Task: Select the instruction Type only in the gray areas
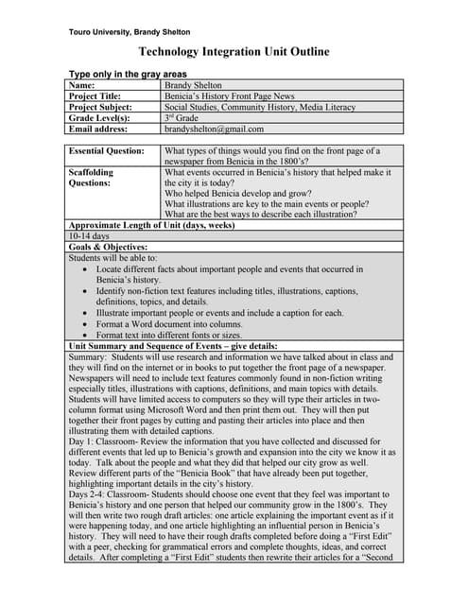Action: [128, 74]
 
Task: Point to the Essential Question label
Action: [107, 150]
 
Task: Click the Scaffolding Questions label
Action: [91, 179]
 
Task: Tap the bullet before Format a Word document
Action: [86, 323]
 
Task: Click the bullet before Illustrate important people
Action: [86, 312]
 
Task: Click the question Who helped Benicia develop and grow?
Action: [251, 191]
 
